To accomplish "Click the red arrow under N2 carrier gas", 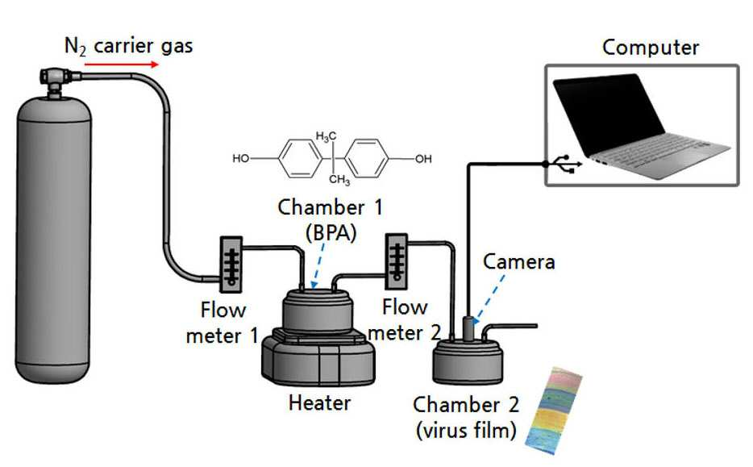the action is point(122,65).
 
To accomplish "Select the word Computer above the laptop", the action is point(651,48).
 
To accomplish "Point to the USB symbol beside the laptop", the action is point(567,164).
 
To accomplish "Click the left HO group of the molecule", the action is point(241,158).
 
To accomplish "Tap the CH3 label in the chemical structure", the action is point(339,180).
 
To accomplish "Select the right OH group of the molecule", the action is point(423,159).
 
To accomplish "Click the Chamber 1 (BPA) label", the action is point(331,220).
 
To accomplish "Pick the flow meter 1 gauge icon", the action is point(231,265).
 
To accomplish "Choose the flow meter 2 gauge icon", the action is point(397,261).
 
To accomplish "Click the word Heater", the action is point(319,402).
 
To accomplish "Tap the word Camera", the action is point(518,262).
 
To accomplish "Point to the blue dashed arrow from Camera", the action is point(489,299).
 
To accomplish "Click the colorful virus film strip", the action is point(553,411).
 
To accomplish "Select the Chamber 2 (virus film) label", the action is point(466,417).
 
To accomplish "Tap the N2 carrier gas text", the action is point(129,47).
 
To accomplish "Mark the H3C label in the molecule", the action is point(326,137).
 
